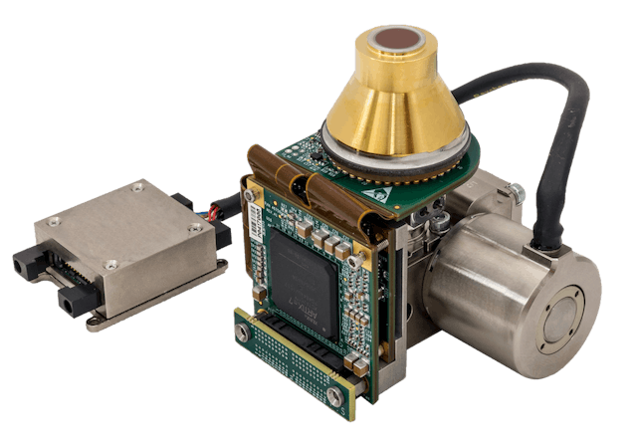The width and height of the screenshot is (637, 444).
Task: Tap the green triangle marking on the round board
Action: [431, 176]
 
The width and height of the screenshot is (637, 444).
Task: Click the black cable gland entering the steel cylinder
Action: [546, 239]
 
